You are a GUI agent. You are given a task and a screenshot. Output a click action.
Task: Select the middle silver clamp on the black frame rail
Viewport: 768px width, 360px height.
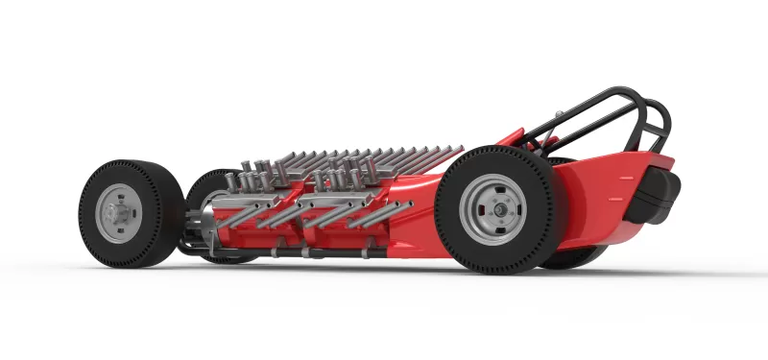(304, 252)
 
